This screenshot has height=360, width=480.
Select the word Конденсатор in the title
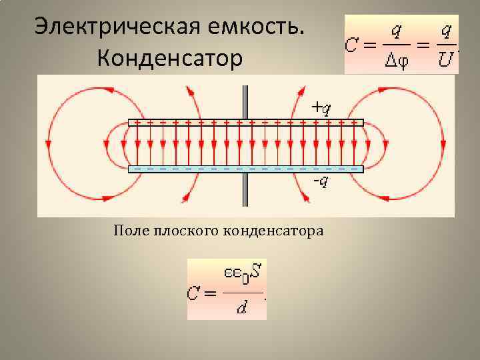[169, 59]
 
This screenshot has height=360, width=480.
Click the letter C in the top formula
[353, 45]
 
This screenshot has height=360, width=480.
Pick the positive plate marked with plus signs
[245, 123]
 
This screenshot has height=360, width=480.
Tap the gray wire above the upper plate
[245, 100]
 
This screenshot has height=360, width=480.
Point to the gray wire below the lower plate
[245, 193]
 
